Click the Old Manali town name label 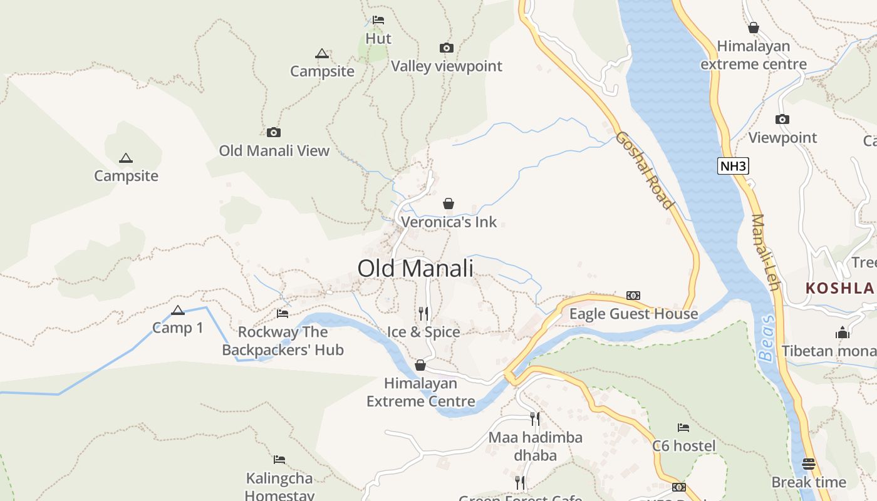coord(415,269)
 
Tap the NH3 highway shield coord(733,166)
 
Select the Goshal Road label coord(643,170)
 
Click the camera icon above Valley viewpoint coord(446,48)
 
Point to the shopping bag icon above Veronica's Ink coord(449,204)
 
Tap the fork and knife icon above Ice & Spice coord(423,312)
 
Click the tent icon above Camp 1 coord(178,310)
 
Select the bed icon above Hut coord(378,20)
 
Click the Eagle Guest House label coord(633,314)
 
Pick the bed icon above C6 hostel coord(683,428)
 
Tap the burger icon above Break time coord(809,464)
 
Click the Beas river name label coord(767,338)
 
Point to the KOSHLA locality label coord(839,288)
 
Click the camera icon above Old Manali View coord(274,132)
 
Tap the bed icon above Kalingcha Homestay coord(279,460)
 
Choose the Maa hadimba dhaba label coord(536,446)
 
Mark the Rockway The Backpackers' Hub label coord(283,341)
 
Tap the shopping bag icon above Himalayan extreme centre coord(754,28)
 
